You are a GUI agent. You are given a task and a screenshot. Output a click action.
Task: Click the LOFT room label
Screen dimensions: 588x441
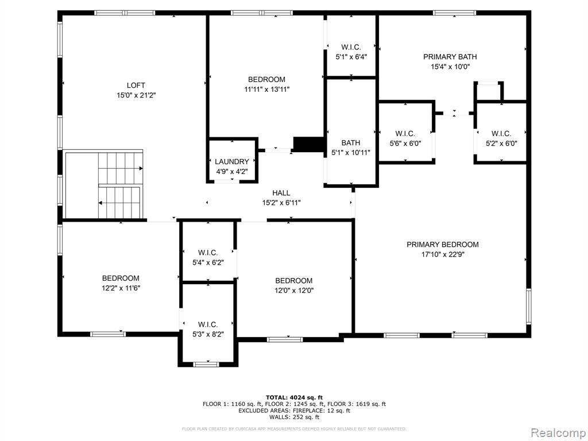(136, 86)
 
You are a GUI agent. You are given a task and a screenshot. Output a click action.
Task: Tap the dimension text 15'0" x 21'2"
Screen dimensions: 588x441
(136, 96)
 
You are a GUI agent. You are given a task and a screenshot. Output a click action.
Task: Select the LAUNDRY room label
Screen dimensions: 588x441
(232, 161)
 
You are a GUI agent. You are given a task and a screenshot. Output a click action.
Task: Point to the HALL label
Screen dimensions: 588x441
(281, 193)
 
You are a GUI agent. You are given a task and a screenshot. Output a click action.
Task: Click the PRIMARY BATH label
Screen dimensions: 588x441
(450, 57)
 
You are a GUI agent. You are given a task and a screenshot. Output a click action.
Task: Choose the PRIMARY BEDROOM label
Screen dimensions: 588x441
(443, 245)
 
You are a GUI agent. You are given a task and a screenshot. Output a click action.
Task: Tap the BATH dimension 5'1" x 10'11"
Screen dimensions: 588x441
(351, 153)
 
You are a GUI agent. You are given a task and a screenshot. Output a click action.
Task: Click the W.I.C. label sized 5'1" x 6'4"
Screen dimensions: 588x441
(351, 47)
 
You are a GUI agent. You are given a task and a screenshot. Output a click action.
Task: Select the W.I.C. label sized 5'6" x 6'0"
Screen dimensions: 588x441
(405, 133)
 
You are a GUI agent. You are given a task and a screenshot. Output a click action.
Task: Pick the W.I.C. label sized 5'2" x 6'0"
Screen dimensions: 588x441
(501, 133)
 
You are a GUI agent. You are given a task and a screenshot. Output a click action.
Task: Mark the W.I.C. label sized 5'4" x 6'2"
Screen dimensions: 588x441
(208, 253)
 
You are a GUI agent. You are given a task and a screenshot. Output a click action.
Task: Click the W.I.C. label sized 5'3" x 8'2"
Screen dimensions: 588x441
(208, 324)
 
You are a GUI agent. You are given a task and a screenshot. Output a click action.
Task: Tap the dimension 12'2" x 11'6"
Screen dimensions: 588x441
(121, 288)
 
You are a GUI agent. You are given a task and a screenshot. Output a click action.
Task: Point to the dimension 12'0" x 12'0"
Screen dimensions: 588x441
(294, 291)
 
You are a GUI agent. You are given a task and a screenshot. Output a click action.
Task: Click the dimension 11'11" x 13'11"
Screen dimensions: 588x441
(266, 90)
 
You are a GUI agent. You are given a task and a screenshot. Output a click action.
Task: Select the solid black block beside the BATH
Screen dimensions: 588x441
(308, 144)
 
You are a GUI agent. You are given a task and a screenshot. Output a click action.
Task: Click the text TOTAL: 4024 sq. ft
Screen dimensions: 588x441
(294, 397)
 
